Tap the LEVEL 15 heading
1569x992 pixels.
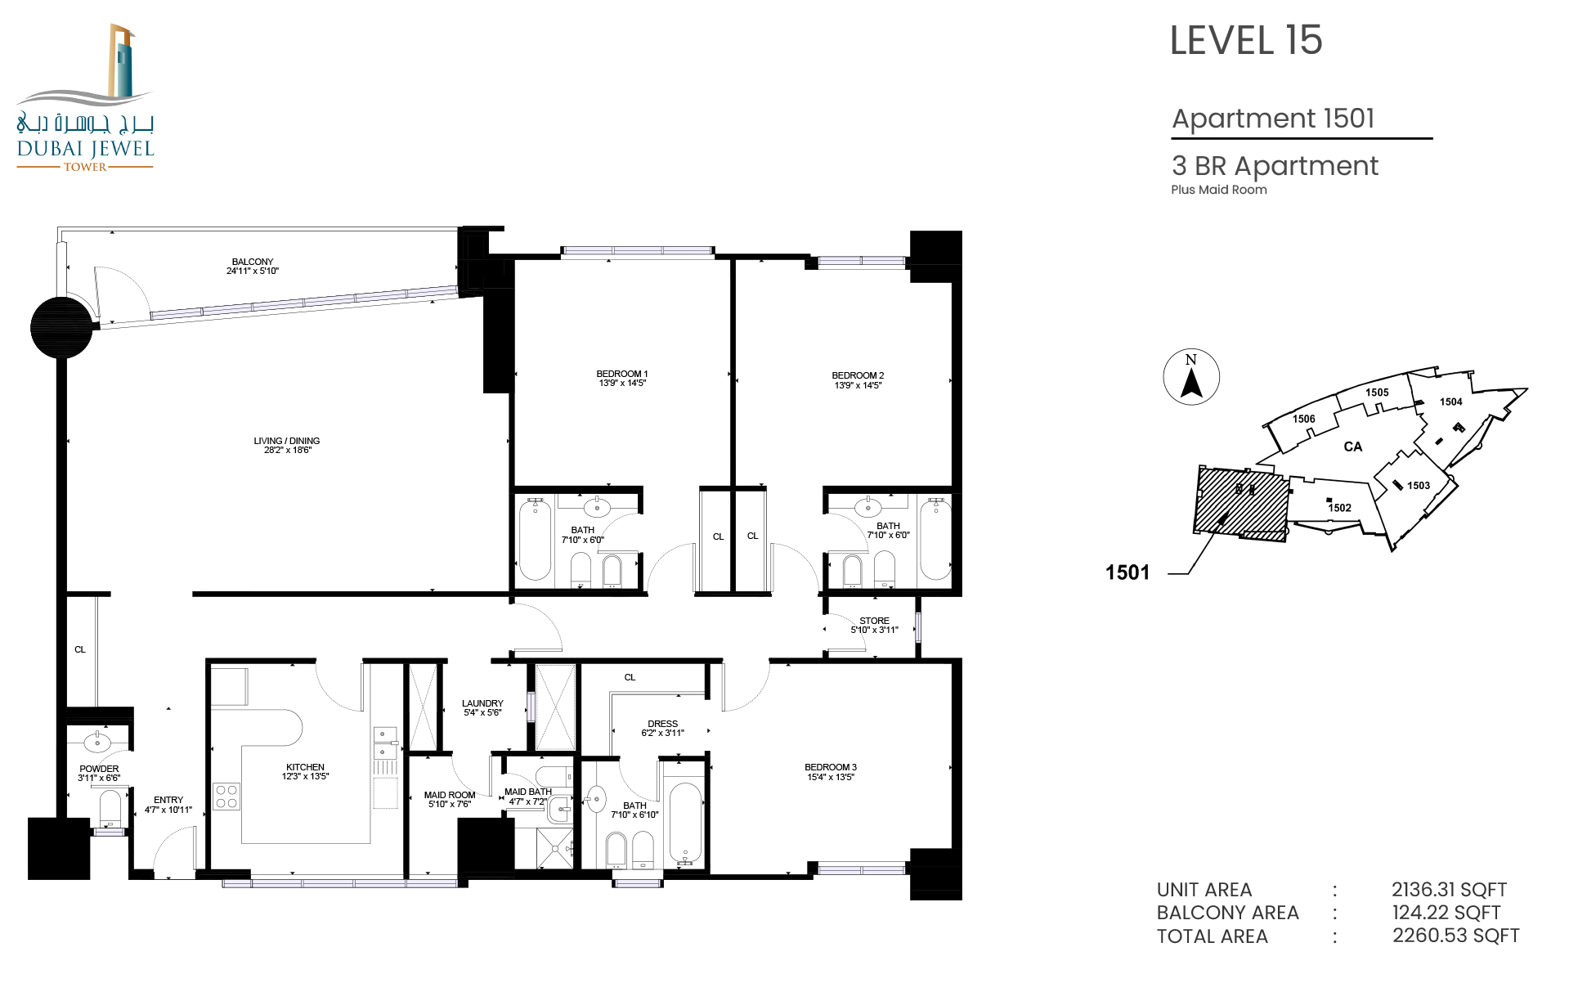point(1245,40)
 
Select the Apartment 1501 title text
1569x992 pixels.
point(1273,119)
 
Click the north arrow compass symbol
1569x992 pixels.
point(1191,377)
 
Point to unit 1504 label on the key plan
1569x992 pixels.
point(1450,402)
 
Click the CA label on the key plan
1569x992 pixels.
point(1353,447)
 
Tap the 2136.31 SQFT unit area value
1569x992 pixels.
point(1449,890)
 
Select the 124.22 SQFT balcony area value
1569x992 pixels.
point(1446,913)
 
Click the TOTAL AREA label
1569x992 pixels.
point(1212,936)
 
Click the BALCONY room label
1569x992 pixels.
point(253,262)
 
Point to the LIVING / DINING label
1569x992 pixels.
point(287,441)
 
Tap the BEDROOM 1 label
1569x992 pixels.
point(622,374)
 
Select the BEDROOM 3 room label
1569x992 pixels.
point(831,767)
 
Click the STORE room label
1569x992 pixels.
point(874,621)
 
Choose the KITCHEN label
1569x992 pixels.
point(306,767)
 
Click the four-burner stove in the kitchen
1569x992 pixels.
point(226,797)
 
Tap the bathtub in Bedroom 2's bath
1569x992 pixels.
point(935,540)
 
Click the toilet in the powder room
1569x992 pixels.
point(110,810)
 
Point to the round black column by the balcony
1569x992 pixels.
point(61,327)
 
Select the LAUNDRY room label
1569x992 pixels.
point(482,703)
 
